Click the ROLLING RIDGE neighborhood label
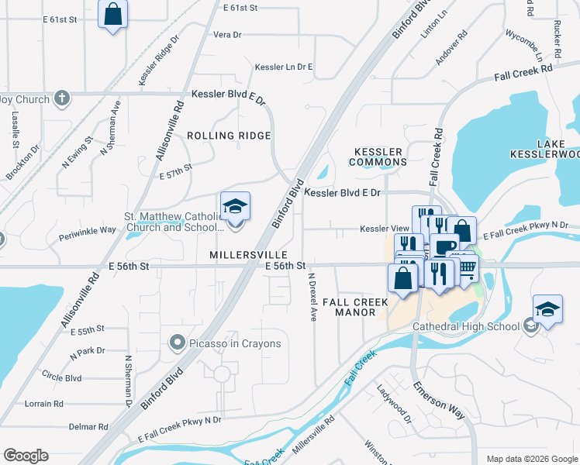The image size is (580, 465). pyautogui.click(x=229, y=136)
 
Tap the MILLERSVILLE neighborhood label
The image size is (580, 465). pyautogui.click(x=248, y=255)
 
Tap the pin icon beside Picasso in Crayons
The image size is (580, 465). pyautogui.click(x=177, y=343)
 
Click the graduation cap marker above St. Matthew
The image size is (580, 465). pyautogui.click(x=235, y=207)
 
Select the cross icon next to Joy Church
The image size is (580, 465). pyautogui.click(x=63, y=98)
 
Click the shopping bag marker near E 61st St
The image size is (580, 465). pyautogui.click(x=112, y=13)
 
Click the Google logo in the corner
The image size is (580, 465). pyautogui.click(x=26, y=456)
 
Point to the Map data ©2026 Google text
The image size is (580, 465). pyautogui.click(x=532, y=459)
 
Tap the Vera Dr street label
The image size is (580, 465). pyautogui.click(x=227, y=35)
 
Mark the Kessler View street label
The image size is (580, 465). pyautogui.click(x=383, y=229)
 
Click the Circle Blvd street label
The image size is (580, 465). pyautogui.click(x=62, y=378)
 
